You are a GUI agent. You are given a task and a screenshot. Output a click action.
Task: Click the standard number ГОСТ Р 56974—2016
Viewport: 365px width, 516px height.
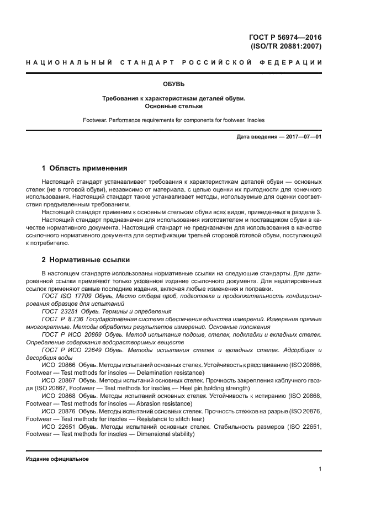[285, 38]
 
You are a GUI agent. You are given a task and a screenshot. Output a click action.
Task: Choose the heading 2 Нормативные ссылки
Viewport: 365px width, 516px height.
[86, 259]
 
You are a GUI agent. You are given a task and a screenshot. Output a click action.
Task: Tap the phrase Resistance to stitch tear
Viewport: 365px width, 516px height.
[159, 419]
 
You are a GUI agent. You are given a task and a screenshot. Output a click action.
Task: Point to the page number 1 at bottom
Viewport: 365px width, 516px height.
[320, 469]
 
